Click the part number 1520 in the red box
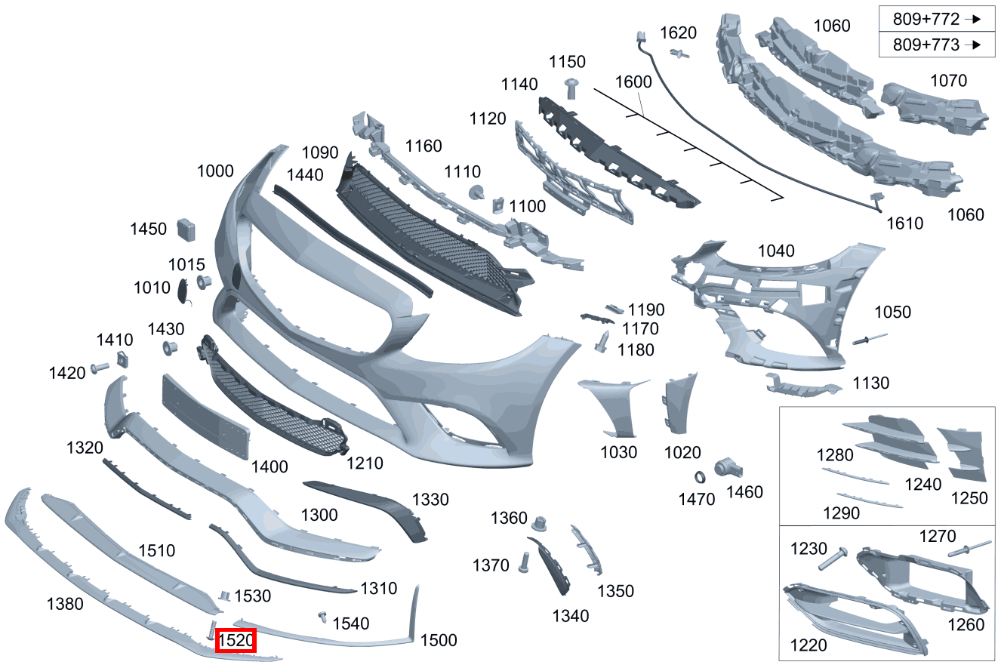click(236, 640)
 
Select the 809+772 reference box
click(936, 19)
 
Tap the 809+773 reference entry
click(936, 45)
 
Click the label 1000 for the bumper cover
click(215, 171)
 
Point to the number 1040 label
click(776, 251)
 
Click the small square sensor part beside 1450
click(186, 229)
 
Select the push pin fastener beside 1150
click(571, 88)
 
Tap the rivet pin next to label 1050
click(870, 339)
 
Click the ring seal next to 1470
click(701, 477)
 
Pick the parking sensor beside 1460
click(728, 468)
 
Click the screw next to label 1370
click(524, 562)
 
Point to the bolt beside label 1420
click(100, 368)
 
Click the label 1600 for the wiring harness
click(633, 82)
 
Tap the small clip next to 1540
click(322, 617)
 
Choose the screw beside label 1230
click(833, 558)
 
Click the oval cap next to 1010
click(183, 291)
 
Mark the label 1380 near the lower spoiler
click(65, 604)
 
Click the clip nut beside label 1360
click(540, 523)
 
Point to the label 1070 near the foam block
click(948, 81)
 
